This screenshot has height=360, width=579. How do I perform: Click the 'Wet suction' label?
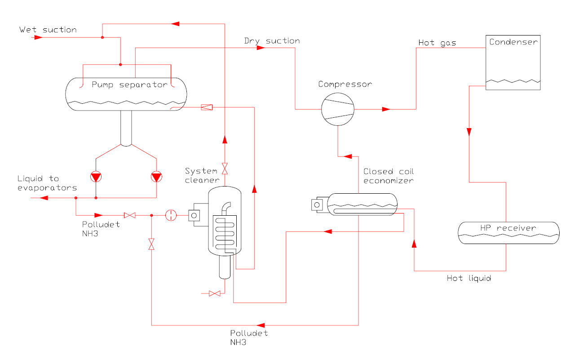(x=48, y=30)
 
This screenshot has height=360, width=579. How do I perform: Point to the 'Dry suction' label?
(x=272, y=41)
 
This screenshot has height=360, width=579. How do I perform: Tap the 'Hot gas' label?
(x=437, y=43)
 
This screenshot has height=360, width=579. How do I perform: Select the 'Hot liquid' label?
(x=469, y=278)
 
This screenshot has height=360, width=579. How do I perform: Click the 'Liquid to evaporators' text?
(x=47, y=183)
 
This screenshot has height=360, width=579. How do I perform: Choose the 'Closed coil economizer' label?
(x=389, y=176)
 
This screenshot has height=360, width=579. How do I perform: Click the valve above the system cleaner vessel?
(x=225, y=169)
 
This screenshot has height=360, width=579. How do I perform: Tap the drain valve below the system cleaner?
(x=215, y=293)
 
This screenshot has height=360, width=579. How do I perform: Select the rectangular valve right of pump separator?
(x=207, y=107)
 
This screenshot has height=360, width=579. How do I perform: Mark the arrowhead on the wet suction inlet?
(x=38, y=37)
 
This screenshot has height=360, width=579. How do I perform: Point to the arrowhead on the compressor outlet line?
(x=386, y=109)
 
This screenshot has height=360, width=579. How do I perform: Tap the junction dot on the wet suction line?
(x=102, y=37)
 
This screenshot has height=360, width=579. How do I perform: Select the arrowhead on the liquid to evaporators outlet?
(x=44, y=198)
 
